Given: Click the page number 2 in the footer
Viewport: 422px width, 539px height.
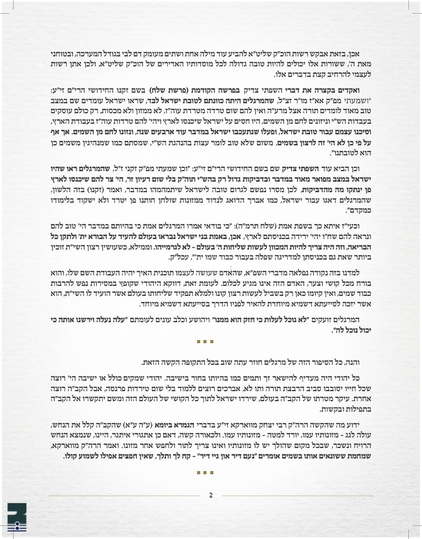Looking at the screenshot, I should (210, 495).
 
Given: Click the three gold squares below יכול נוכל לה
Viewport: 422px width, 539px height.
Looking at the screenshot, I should (205, 342).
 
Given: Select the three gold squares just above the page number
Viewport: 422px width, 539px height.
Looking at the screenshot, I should (205, 472).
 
